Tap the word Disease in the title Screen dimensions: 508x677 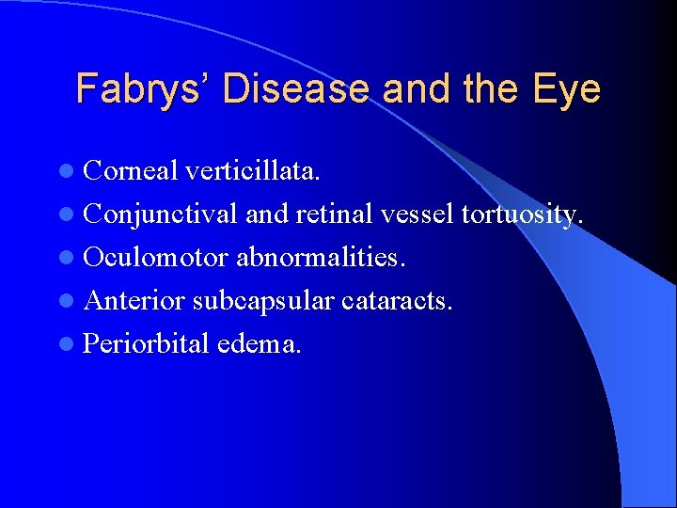(296, 89)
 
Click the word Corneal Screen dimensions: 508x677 (131, 171)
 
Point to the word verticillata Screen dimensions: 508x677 (253, 171)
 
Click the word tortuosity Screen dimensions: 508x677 (523, 214)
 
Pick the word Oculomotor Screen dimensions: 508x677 (156, 257)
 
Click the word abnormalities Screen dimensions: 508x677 (321, 257)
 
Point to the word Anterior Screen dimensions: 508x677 (134, 300)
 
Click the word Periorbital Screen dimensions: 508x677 (146, 343)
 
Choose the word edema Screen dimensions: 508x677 (260, 343)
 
